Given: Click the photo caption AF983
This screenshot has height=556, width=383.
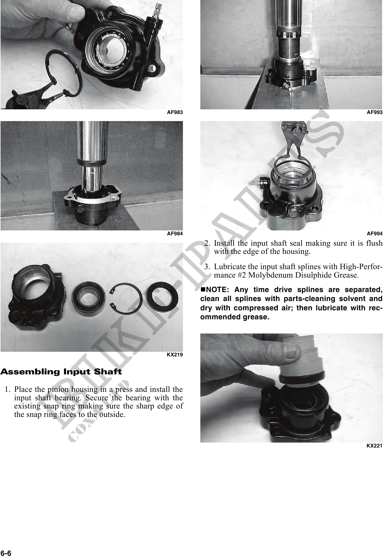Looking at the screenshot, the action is coord(175,112).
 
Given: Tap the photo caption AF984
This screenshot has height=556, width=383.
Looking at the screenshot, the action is coord(175,234).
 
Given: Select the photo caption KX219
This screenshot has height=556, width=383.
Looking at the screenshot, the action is coord(175,355).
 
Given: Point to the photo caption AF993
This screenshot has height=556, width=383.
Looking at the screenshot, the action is coord(375,112).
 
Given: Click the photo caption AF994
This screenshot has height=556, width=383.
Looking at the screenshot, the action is coord(375,234).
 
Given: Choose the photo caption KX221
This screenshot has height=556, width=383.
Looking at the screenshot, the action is coord(375,446).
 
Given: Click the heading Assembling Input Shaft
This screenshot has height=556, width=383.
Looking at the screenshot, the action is coord(61,372).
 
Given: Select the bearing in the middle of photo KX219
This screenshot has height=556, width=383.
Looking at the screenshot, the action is coord(88,298).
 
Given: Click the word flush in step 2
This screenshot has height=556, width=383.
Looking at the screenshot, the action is coord(375,243).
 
